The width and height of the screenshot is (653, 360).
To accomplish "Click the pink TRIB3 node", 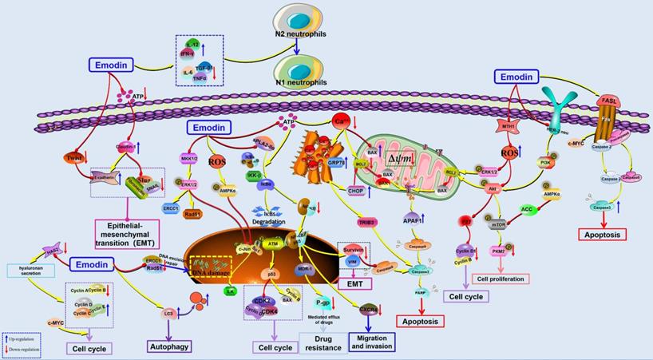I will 368,220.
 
